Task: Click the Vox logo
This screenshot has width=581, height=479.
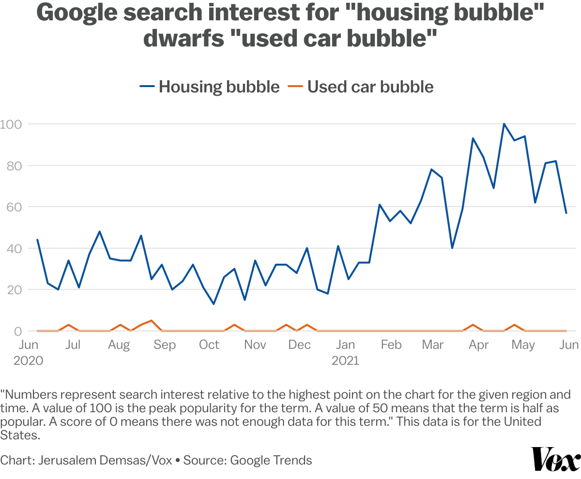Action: click(x=556, y=459)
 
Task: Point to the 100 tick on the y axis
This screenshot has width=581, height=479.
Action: click(x=11, y=124)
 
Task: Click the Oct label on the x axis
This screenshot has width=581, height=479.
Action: click(x=209, y=345)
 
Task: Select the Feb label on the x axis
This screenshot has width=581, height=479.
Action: click(x=391, y=345)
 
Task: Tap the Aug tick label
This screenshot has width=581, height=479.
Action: click(x=119, y=345)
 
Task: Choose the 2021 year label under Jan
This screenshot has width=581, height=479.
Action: click(x=345, y=361)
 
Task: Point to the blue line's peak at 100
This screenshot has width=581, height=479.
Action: click(x=504, y=124)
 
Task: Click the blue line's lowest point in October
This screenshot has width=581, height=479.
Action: click(x=214, y=304)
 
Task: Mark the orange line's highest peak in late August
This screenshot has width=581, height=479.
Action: click(x=152, y=321)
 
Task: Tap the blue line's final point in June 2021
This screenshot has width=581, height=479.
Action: click(x=566, y=213)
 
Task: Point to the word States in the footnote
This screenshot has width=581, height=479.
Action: click(x=19, y=435)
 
